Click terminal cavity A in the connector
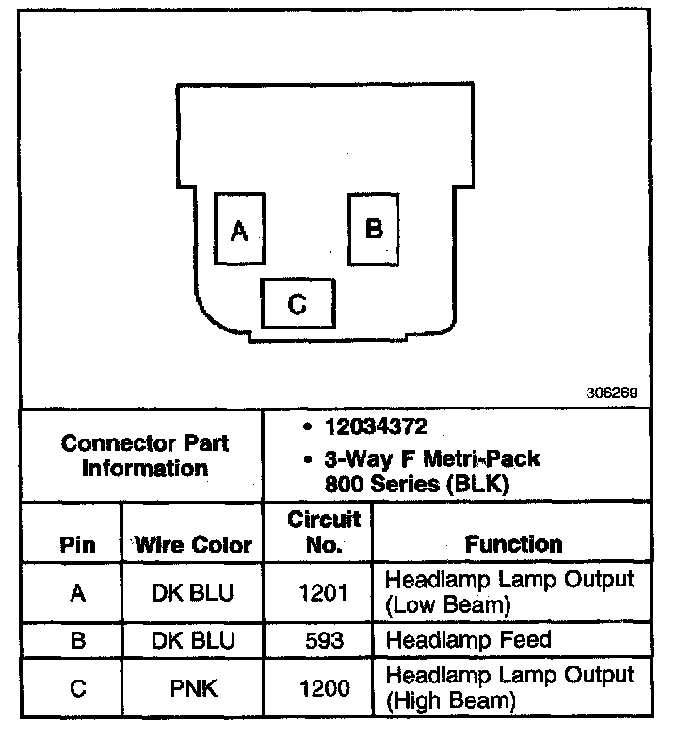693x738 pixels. click(239, 229)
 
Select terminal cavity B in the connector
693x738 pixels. click(374, 229)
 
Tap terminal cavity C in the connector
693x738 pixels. click(298, 303)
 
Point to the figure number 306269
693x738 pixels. click(613, 393)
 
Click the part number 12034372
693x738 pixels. click(376, 426)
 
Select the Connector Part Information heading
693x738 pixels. click(144, 455)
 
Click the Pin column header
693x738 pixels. click(77, 545)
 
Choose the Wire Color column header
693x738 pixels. click(193, 545)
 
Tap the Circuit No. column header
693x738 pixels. click(323, 532)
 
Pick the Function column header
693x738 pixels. click(513, 544)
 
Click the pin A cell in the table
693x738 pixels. click(78, 592)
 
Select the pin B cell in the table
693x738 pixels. click(78, 641)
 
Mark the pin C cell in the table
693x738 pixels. click(78, 688)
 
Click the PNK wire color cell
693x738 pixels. click(193, 688)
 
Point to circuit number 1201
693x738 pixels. click(323, 592)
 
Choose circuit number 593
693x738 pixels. click(323, 641)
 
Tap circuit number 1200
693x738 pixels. click(323, 688)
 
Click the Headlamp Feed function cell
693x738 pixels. click(468, 641)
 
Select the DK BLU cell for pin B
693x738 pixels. click(193, 641)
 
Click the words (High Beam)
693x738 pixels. click(450, 701)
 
